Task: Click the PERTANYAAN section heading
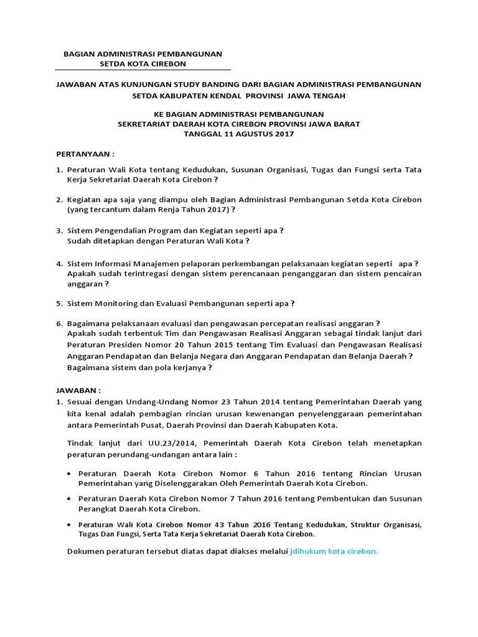[86, 153]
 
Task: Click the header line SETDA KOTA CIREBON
[143, 63]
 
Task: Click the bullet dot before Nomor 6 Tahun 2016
[68, 473]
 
